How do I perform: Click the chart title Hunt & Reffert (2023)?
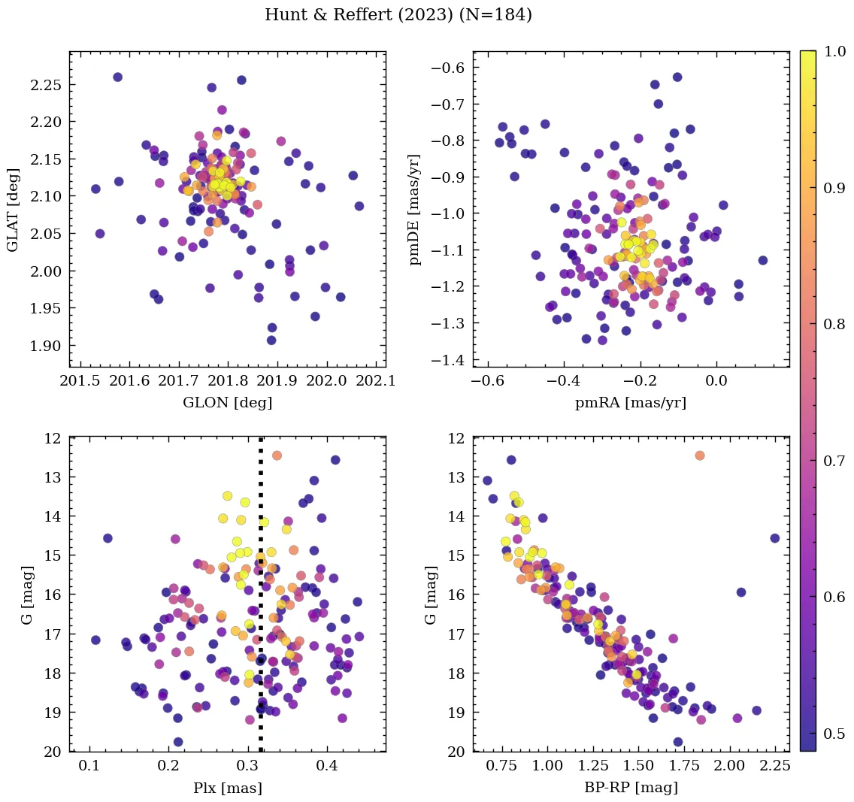(x=398, y=15)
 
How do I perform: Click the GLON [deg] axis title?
(x=228, y=403)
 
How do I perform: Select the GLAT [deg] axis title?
(x=13, y=209)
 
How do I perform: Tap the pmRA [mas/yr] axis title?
(x=631, y=403)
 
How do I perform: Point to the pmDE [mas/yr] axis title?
(x=415, y=210)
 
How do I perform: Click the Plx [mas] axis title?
(x=228, y=788)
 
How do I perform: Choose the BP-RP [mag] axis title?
(x=631, y=788)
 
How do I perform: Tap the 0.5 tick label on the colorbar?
(x=833, y=734)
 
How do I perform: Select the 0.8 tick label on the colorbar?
(x=833, y=324)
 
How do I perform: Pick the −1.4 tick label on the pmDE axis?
(x=447, y=360)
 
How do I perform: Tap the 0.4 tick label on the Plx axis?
(x=326, y=767)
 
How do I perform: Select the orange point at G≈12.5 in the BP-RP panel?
(x=700, y=455)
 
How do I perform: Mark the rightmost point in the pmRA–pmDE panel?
(x=762, y=260)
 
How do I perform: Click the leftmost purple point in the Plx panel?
(x=95, y=640)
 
